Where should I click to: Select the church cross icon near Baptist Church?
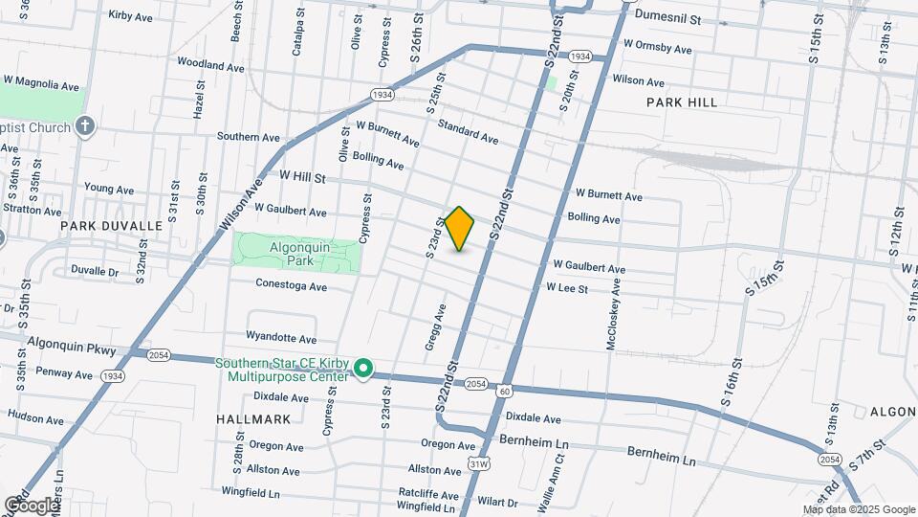pos(85,126)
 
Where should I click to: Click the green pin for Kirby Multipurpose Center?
pos(362,369)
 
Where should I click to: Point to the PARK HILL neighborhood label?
pos(681,101)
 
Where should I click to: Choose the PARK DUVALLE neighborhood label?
pos(111,226)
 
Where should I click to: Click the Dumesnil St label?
pos(668,18)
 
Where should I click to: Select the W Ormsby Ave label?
pos(657,48)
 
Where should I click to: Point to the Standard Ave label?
pos(468,132)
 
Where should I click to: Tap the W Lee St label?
pos(566,288)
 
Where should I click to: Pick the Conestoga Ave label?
pos(291,286)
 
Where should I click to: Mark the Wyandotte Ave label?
pos(281,338)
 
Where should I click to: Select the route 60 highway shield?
pos(505,391)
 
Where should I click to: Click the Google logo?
pos(31,505)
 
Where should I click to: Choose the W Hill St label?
pos(303,177)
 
